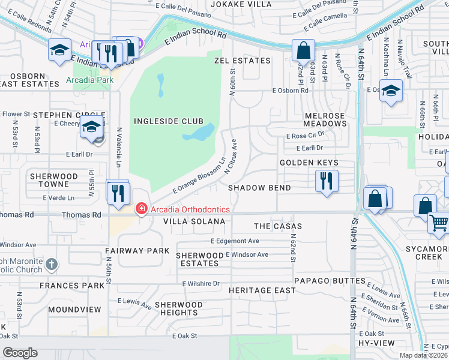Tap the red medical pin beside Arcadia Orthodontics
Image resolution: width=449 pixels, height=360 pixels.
[141, 209]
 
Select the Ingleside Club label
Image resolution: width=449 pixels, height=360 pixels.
[169, 121]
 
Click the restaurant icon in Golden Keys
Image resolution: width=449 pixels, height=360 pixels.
[327, 181]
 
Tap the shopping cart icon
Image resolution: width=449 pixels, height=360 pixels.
[438, 224]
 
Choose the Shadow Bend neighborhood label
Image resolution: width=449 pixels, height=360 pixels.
[259, 188]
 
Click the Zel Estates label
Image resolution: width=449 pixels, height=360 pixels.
[242, 61]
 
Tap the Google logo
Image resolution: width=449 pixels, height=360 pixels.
[20, 353]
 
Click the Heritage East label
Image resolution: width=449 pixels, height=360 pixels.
[262, 290]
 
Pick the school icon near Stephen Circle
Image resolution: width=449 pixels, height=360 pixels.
[92, 127]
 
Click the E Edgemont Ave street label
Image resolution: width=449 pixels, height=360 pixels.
[235, 241]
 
